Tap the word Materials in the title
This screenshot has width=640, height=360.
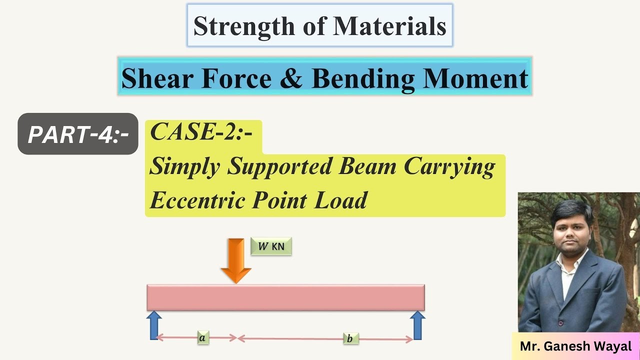tap(389, 26)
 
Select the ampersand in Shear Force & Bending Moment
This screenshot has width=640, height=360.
tap(290, 78)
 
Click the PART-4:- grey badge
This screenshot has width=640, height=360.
tap(78, 134)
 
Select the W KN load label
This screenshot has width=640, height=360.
tap(271, 246)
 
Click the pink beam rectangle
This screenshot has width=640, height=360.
tap(285, 297)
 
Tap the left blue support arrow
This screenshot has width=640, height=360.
tap(154, 325)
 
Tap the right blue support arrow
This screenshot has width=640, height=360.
tap(417, 325)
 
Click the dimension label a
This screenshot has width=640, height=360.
tap(202, 338)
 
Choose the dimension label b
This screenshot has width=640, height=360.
tap(350, 339)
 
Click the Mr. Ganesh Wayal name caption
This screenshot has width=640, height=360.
tap(575, 346)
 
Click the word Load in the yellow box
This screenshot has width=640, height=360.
tap(341, 200)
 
